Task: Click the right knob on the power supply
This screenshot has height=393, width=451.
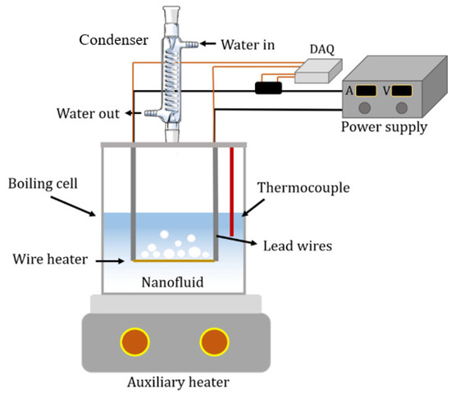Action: tap(402, 108)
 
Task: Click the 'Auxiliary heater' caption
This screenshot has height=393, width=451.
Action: tap(175, 382)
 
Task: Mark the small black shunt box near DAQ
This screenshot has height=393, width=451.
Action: tap(268, 87)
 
